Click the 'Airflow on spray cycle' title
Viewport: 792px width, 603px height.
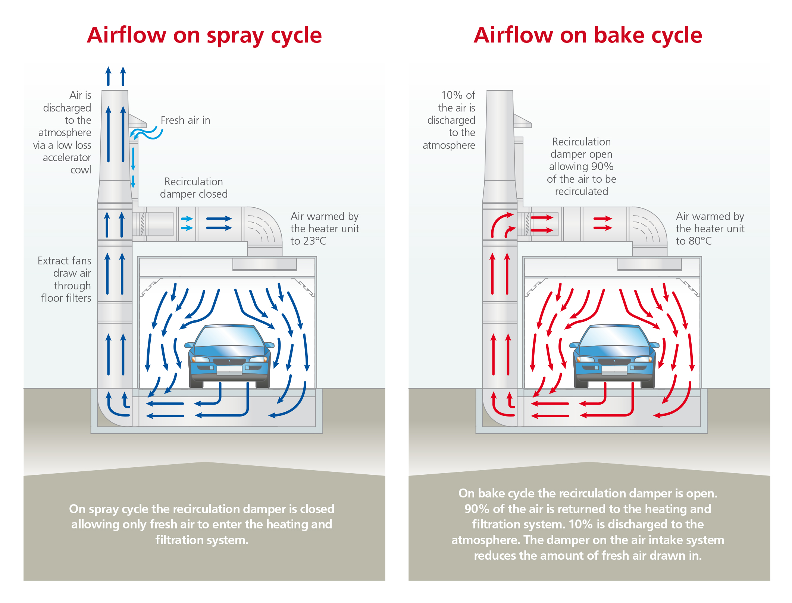click(204, 35)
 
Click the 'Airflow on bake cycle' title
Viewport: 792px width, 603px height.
click(588, 35)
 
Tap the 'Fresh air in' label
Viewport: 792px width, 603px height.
click(185, 120)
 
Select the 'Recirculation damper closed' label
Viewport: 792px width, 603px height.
click(194, 188)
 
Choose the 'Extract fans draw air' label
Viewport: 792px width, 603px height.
click(65, 267)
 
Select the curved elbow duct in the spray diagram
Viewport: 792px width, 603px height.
click(263, 227)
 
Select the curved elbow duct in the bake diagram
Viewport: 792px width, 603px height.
click(648, 227)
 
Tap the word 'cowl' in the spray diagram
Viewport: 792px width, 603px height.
click(81, 170)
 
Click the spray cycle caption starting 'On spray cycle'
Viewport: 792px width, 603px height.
click(202, 524)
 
